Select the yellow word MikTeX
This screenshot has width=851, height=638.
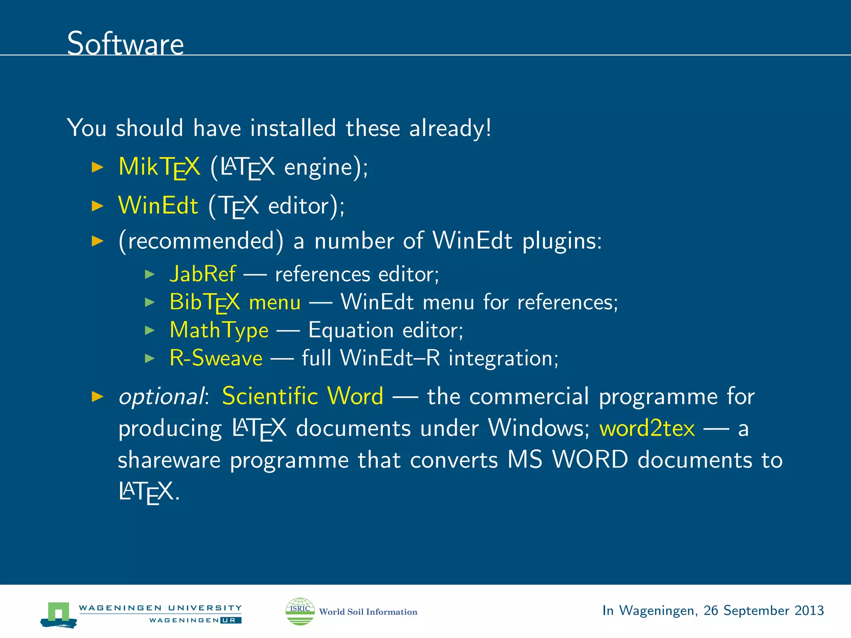[159, 167]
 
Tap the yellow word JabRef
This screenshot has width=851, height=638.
[203, 274]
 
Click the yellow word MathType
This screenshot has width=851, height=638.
[219, 330]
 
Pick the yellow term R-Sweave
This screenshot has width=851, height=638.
[216, 358]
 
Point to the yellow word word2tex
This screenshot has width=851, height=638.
[647, 428]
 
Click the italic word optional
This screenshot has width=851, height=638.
[161, 397]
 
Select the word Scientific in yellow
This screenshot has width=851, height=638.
[270, 396]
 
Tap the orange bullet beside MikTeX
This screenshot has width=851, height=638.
[97, 167]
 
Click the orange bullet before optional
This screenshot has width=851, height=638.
[97, 397]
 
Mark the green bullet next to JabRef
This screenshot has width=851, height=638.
[150, 274]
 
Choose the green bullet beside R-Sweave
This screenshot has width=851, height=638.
[150, 358]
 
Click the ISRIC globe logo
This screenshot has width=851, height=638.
[300, 611]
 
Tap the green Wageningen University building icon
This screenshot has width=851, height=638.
[59, 614]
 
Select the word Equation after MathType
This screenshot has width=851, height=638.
[351, 331]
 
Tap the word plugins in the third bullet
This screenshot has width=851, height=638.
[561, 241]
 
